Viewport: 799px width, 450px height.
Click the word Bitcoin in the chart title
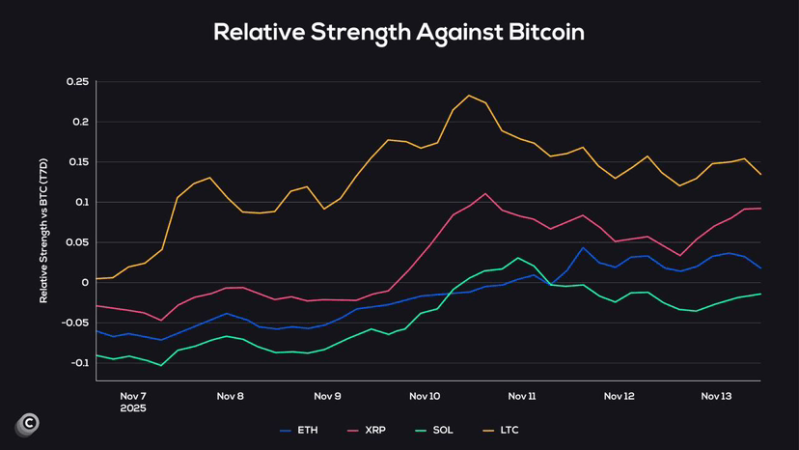546,32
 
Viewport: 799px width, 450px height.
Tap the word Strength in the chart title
360,33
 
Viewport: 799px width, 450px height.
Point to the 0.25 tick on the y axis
77,82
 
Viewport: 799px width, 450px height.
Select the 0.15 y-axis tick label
78,162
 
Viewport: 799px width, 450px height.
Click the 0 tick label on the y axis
85,283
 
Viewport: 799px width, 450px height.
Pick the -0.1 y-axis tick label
75,363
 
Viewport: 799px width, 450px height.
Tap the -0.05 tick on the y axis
75,323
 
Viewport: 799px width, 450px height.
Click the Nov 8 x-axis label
231,397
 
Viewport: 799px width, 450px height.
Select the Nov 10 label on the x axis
425,397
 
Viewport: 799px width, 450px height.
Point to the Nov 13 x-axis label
716,397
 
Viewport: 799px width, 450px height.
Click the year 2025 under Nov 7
133,408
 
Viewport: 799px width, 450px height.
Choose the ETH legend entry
299,431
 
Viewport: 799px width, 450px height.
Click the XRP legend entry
367,431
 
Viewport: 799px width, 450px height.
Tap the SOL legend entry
434,431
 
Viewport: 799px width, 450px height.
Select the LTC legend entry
501,431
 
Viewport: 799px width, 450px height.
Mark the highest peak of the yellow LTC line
469,96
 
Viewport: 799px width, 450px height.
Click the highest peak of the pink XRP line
485,194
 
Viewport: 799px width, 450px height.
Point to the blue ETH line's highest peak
583,248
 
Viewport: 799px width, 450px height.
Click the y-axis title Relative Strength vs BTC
43,231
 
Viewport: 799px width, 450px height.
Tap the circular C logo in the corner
28,424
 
